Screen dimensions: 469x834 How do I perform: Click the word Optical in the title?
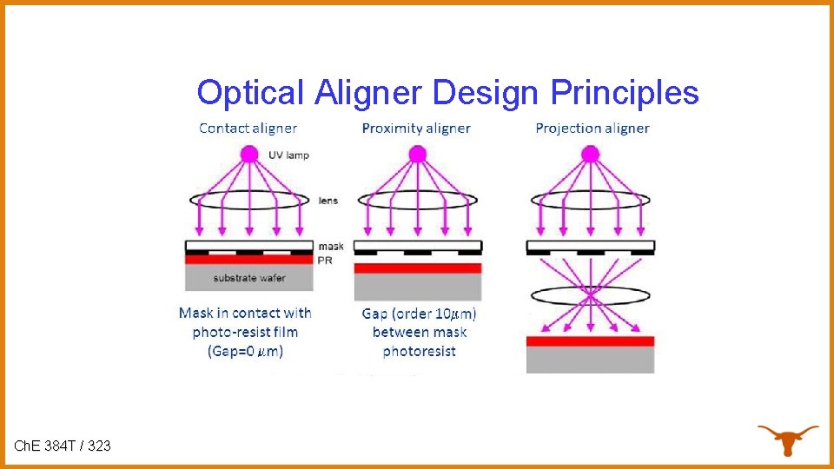(x=251, y=92)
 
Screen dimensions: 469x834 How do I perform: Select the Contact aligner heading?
(x=248, y=129)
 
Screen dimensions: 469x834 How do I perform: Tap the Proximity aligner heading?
(x=416, y=129)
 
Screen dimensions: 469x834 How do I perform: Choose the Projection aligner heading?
(x=592, y=129)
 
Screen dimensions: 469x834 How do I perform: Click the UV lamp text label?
(x=288, y=155)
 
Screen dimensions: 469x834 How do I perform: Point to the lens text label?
(x=328, y=201)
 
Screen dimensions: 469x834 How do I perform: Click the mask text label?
(x=330, y=246)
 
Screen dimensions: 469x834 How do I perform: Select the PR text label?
(x=326, y=259)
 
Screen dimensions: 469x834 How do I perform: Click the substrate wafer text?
(x=249, y=278)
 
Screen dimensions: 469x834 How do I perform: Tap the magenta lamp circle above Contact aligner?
(x=249, y=155)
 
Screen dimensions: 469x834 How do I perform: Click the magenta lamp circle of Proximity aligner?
(x=418, y=155)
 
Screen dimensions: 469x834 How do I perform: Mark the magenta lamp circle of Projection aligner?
(x=591, y=155)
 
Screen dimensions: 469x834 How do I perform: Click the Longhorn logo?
(x=787, y=439)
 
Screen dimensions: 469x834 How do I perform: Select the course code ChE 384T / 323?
(x=63, y=446)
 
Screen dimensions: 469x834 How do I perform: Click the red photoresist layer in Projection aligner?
(x=590, y=341)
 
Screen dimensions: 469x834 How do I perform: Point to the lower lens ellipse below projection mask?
(x=590, y=294)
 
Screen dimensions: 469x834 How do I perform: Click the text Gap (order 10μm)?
(x=419, y=314)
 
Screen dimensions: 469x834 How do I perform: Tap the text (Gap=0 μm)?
(x=245, y=351)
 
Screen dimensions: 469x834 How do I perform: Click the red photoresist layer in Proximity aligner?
(x=418, y=268)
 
